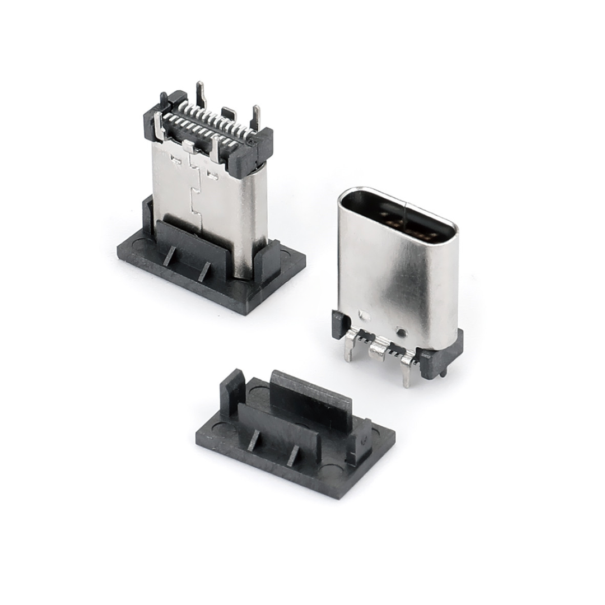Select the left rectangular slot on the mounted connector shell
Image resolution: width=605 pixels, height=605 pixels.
click(x=175, y=161)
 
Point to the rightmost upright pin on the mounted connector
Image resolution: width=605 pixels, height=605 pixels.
click(x=257, y=117)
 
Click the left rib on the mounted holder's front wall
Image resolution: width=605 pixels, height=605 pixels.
click(x=169, y=255)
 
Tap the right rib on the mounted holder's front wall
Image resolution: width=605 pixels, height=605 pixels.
click(x=204, y=271)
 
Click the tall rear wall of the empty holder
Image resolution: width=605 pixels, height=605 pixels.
click(x=311, y=395)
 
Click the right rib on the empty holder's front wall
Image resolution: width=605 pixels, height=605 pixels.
click(x=292, y=455)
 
